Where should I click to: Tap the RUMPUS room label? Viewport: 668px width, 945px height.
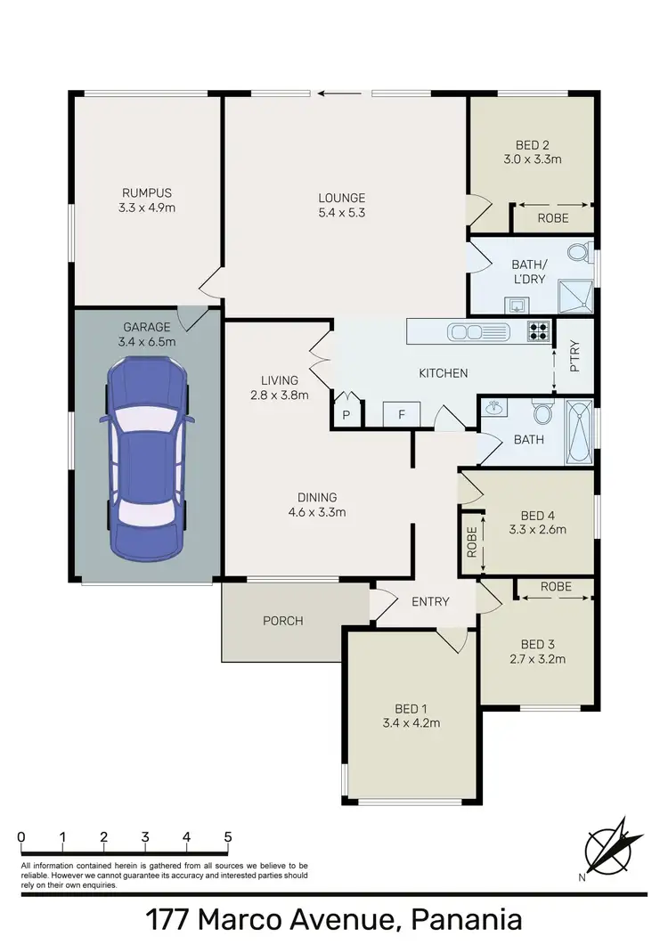[147, 200]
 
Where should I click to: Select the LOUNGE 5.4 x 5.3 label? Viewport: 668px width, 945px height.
[343, 206]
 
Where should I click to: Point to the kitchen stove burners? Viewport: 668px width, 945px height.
[540, 331]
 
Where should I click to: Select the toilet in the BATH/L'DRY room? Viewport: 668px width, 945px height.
[578, 253]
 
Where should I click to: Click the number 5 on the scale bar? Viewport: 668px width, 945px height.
[228, 837]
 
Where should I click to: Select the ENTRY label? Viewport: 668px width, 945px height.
[430, 602]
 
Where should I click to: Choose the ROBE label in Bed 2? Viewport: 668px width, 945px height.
[552, 217]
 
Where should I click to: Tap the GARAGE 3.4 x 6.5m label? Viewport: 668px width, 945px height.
[147, 334]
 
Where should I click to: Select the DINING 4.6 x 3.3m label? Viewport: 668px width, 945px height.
[317, 504]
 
